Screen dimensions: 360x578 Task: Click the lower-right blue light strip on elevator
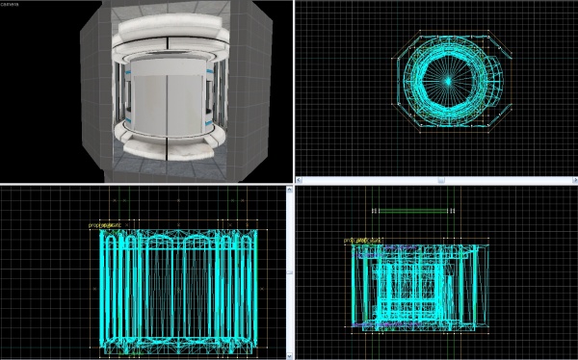tap(207, 124)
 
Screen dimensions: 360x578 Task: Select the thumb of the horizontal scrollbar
tap(435, 179)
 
